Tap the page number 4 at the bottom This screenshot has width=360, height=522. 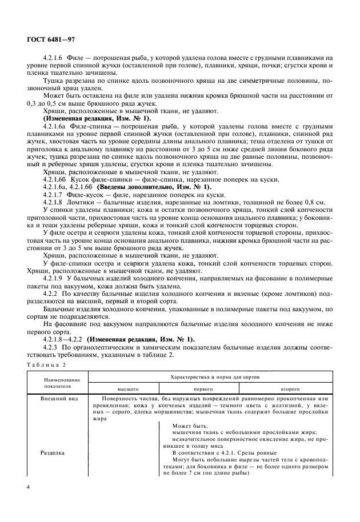29,487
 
